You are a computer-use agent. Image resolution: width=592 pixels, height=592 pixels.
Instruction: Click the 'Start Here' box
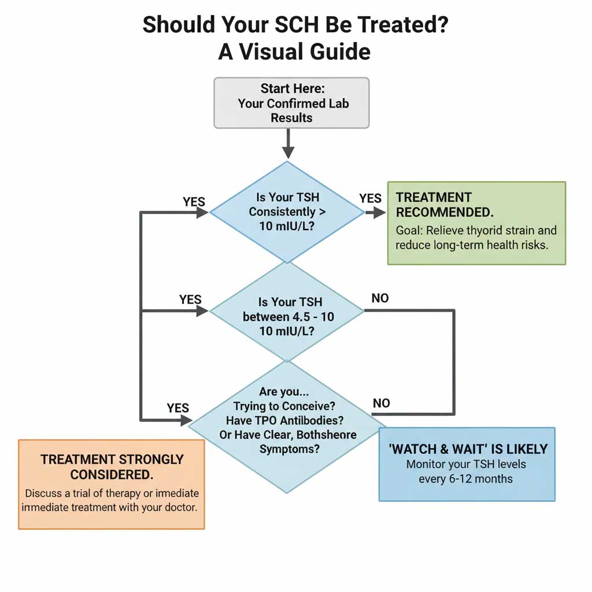[x=291, y=103]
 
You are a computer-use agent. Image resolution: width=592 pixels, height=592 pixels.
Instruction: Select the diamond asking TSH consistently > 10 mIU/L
[x=287, y=212]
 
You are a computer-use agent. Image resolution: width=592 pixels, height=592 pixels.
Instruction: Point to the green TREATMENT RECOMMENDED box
[x=476, y=223]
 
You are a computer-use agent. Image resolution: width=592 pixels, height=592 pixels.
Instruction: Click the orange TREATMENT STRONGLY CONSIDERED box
[x=112, y=483]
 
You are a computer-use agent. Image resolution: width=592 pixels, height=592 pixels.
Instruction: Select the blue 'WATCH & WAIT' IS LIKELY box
[x=467, y=464]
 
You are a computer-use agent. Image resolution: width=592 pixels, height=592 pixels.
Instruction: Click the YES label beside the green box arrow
[x=370, y=199]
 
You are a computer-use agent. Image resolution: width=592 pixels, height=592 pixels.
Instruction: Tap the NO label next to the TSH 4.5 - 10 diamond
[x=380, y=298]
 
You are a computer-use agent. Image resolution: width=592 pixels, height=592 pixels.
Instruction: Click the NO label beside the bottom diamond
[x=381, y=403]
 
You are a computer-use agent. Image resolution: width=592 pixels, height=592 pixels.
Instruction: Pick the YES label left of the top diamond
[x=194, y=202]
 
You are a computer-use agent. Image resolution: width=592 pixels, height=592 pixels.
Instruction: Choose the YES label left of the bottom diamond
[x=177, y=408]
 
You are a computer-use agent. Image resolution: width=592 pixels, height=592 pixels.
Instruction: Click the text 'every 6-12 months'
[x=465, y=479]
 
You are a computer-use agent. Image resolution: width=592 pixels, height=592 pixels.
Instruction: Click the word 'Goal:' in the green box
[x=409, y=231]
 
